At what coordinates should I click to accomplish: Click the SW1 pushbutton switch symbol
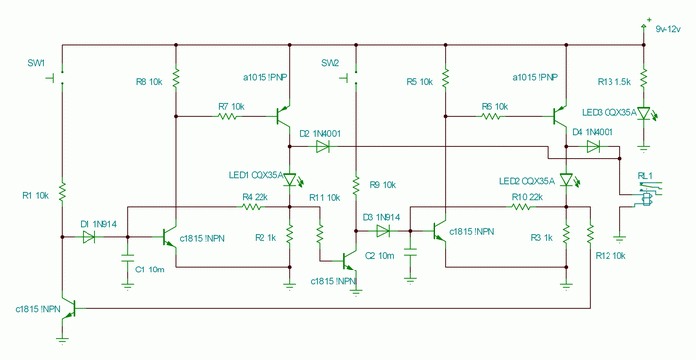click(x=58, y=78)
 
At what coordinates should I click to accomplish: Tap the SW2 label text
click(x=330, y=63)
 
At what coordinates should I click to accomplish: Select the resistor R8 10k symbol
click(x=176, y=78)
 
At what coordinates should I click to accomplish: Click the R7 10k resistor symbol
click(x=228, y=116)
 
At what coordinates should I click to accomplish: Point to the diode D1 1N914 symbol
click(x=88, y=237)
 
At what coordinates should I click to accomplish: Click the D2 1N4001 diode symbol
click(x=322, y=146)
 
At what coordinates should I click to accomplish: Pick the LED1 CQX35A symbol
click(x=291, y=180)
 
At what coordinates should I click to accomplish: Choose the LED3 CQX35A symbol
click(x=645, y=113)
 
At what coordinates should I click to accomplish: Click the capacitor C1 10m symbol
click(x=128, y=258)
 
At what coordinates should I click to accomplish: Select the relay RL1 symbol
click(x=649, y=193)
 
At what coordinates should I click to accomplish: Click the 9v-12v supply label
click(x=668, y=29)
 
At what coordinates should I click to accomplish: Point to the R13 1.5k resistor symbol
click(x=644, y=78)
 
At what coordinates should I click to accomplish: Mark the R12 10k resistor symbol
click(x=590, y=233)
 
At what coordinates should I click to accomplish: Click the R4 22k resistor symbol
click(x=251, y=207)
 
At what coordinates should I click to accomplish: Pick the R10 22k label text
click(x=527, y=197)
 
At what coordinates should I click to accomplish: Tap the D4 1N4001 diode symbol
click(x=593, y=146)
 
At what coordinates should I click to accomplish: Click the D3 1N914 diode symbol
click(x=382, y=231)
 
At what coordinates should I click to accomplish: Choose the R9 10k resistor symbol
click(x=356, y=185)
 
